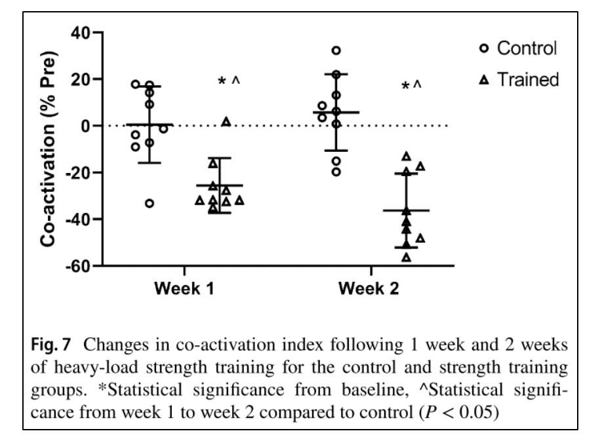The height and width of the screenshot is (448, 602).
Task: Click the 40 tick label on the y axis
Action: (81, 32)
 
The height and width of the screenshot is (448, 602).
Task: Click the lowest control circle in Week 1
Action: (150, 203)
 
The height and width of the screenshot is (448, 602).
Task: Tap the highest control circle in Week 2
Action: (336, 50)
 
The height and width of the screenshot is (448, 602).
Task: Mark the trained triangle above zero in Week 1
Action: (226, 122)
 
